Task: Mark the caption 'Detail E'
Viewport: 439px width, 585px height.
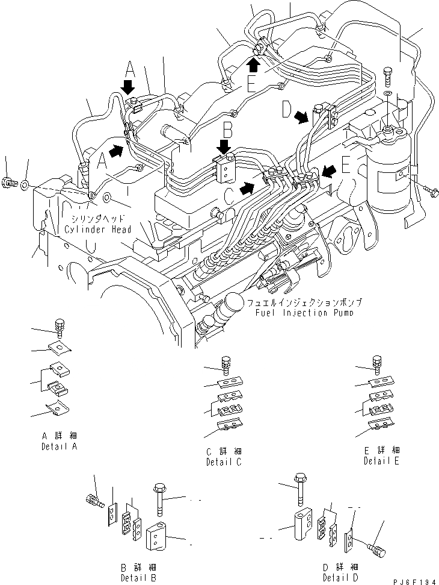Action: [x=381, y=461]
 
